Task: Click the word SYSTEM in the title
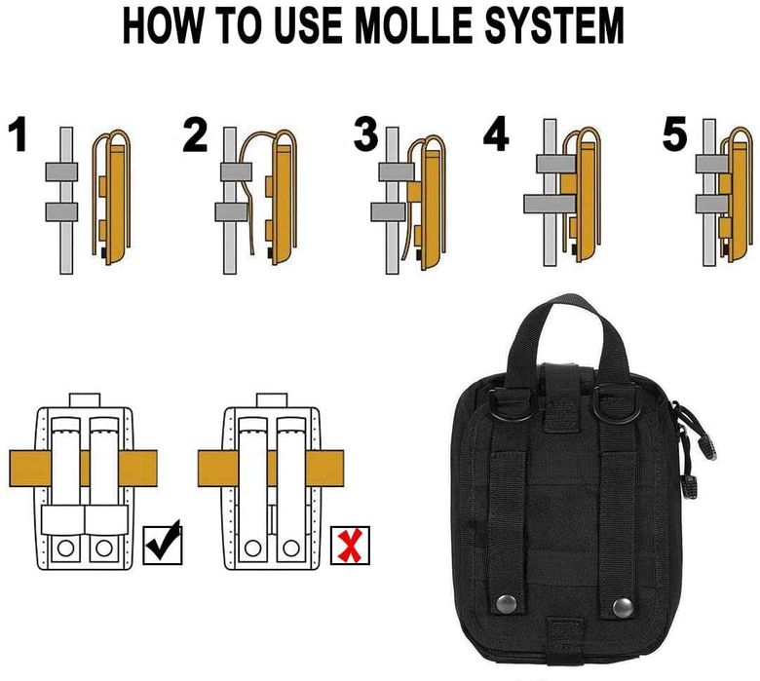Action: [x=554, y=25]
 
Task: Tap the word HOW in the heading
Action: [x=162, y=25]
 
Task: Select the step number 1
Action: [x=19, y=133]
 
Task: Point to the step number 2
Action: [x=195, y=135]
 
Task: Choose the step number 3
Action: [x=366, y=135]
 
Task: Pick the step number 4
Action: [x=496, y=134]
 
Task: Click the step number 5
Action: [x=675, y=133]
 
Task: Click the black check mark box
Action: [x=163, y=545]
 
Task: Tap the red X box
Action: [x=350, y=546]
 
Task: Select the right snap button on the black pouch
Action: [x=623, y=608]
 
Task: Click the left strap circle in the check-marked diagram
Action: [x=65, y=549]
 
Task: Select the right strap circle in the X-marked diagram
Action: [x=290, y=549]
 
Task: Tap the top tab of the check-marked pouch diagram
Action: [x=85, y=399]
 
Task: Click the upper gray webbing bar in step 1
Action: [x=61, y=172]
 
